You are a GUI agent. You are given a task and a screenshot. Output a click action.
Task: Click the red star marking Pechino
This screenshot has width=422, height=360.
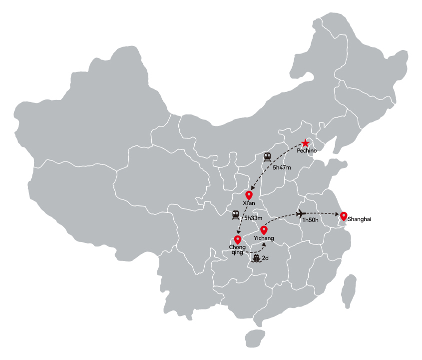(x=305, y=143)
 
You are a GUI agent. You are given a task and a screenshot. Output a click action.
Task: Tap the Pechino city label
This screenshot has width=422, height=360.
(x=307, y=150)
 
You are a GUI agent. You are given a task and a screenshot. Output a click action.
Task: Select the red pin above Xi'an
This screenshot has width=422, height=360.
(x=249, y=195)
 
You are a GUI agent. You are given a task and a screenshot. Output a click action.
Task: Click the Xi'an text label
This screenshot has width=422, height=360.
(x=249, y=203)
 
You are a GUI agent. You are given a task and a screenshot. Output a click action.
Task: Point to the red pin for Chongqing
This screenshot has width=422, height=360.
(x=238, y=239)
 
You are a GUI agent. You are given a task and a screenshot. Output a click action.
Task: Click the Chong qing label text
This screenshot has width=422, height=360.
(x=237, y=249)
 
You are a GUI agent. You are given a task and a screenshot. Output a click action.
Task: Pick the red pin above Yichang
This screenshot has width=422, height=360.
(x=264, y=230)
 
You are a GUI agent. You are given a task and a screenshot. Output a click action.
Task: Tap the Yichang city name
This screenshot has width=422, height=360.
(x=264, y=238)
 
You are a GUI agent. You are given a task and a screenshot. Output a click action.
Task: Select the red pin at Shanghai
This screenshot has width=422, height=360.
(x=344, y=216)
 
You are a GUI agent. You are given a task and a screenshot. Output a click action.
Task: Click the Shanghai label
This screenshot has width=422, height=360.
(x=359, y=219)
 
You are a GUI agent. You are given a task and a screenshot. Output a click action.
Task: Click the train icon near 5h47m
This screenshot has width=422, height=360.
(x=267, y=157)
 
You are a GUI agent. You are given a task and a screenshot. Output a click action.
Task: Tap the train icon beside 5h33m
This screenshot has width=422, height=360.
(x=236, y=215)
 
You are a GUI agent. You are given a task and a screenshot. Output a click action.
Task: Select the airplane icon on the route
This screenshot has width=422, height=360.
(x=300, y=214)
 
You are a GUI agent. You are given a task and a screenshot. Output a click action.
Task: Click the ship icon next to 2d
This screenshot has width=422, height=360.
(x=256, y=258)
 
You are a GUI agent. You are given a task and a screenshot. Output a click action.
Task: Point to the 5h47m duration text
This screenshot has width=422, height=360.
(x=282, y=167)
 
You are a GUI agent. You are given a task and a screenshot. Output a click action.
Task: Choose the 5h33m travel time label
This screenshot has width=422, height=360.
(x=253, y=218)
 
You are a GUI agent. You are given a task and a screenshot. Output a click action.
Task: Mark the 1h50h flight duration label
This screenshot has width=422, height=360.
(x=310, y=220)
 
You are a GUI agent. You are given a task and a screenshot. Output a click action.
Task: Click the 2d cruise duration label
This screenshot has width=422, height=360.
(x=265, y=258)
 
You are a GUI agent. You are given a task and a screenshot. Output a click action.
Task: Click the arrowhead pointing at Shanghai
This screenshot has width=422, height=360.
(x=337, y=214)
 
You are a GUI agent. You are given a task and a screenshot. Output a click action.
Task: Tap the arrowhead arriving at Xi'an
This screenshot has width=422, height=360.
(x=252, y=188)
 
